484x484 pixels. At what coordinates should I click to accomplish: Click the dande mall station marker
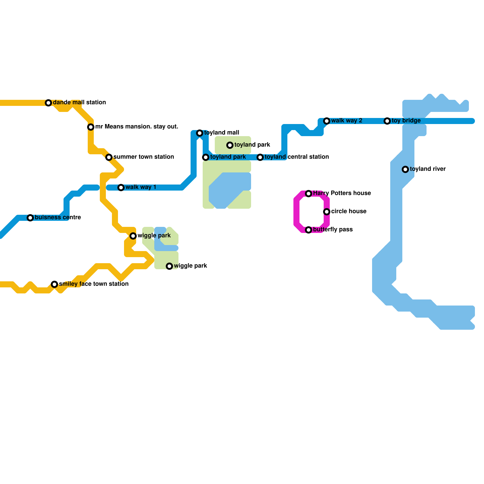point(48,103)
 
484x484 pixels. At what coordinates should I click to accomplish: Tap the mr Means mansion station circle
point(91,127)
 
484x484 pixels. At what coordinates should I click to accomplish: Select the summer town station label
point(144,157)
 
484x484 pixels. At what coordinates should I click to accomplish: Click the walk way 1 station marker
point(121,188)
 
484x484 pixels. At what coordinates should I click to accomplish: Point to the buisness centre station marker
point(30,218)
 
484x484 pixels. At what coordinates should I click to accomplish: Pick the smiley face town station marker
point(54,284)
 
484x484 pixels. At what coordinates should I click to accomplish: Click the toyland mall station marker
point(200,133)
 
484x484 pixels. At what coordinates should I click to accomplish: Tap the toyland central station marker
point(260,157)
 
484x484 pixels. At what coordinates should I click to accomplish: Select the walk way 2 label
point(347,120)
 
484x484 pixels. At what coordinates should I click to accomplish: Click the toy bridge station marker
point(387,121)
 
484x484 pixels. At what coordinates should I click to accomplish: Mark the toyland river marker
point(405,169)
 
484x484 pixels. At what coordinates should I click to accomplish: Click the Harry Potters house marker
point(309,194)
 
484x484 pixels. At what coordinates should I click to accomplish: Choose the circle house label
point(349,211)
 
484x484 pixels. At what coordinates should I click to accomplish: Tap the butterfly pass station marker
point(309,230)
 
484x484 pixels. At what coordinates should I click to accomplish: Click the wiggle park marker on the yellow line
point(133,236)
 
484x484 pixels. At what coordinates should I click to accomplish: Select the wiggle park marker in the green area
point(169,266)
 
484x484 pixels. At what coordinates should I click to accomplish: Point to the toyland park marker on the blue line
point(206,157)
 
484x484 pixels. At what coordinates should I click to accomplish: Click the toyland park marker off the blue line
point(230,145)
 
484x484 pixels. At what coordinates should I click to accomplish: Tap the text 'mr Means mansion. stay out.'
point(137,126)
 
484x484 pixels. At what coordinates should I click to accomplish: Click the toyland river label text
point(428,169)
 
